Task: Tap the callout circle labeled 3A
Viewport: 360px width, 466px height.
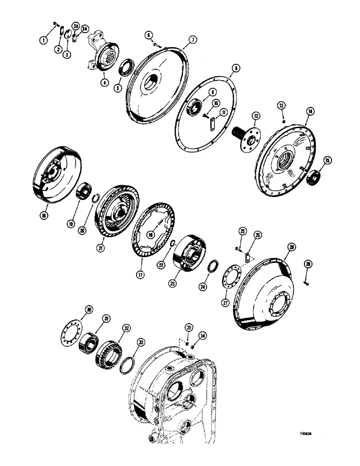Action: (84, 29)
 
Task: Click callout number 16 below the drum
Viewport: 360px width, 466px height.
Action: (43, 217)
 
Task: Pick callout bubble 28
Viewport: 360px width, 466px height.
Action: (292, 245)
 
